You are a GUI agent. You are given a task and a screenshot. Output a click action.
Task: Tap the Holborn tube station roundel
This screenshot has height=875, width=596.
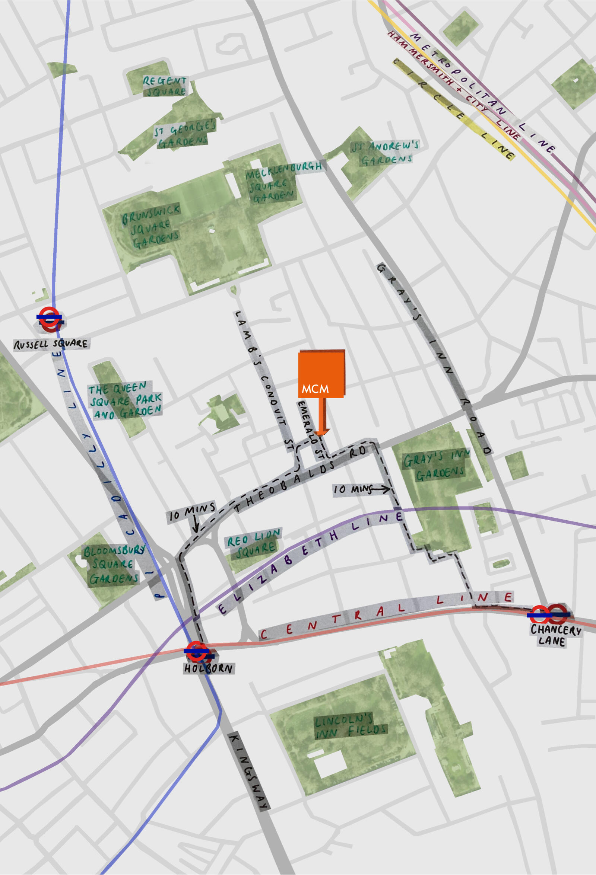[197, 651]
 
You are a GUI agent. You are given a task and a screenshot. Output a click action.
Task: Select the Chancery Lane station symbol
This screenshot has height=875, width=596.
[549, 614]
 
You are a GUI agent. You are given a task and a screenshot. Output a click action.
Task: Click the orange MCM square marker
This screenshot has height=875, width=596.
[321, 374]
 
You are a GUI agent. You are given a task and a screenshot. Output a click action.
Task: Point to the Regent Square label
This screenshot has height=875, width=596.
[165, 86]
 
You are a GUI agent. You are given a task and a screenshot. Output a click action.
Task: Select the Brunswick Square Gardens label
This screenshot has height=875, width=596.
[151, 227]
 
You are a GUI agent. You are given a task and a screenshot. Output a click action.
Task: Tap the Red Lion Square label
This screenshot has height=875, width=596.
[254, 543]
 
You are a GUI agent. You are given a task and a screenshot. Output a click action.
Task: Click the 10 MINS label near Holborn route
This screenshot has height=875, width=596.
[192, 513]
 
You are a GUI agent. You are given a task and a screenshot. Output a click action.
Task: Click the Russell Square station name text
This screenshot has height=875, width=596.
[51, 344]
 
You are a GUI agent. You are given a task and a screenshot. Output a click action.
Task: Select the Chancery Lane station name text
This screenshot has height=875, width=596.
[555, 635]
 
